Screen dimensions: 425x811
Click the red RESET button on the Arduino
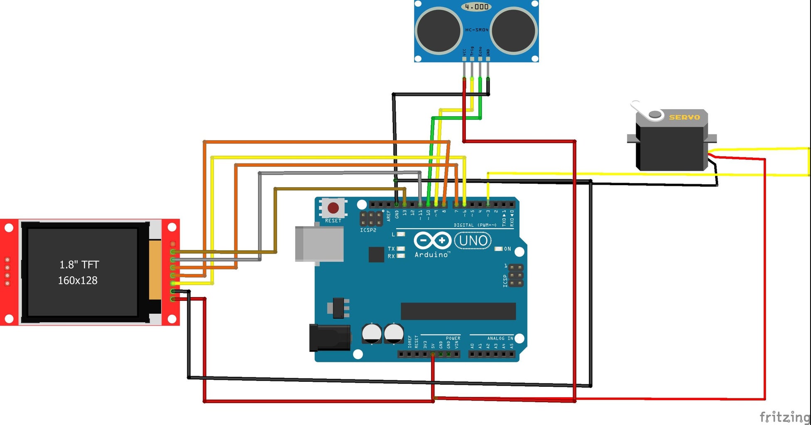point(333,208)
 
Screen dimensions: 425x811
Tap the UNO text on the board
point(473,241)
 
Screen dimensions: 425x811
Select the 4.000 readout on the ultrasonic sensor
point(476,7)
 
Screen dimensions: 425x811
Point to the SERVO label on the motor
point(684,117)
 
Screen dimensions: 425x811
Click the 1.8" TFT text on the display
point(79,264)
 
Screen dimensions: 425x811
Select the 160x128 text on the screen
point(78,281)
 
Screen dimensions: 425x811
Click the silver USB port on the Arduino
point(319,244)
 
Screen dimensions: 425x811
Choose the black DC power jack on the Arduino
point(329,338)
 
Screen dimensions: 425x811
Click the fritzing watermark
point(784,417)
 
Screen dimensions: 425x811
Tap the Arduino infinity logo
point(432,241)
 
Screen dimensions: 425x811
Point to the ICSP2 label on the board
point(368,230)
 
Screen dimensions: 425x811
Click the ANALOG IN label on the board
point(500,338)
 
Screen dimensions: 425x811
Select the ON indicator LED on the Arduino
point(499,249)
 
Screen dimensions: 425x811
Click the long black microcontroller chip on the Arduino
point(458,311)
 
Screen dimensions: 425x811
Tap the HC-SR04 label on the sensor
point(477,30)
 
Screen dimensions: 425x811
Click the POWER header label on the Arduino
point(453,338)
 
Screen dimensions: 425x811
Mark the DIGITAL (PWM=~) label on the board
point(475,225)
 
